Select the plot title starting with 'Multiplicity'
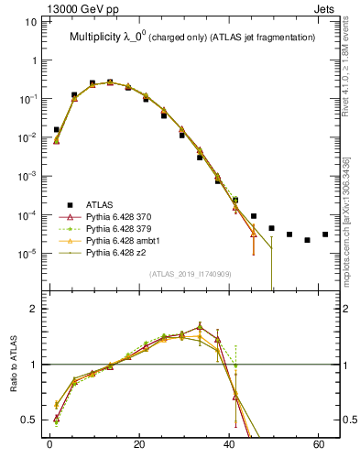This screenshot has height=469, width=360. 192,37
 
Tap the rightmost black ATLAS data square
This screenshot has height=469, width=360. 325,234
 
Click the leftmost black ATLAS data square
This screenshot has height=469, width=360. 57,130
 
